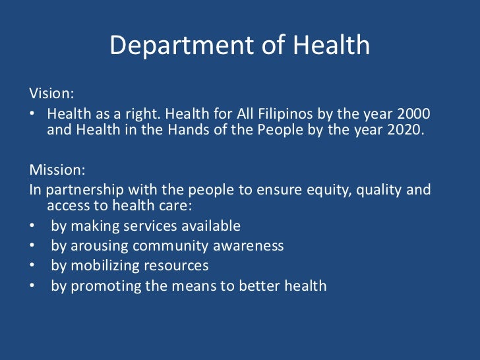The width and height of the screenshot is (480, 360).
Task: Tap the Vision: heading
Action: [49, 94]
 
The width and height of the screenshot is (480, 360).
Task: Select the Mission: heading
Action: [57, 169]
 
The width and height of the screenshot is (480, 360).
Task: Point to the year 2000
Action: [415, 113]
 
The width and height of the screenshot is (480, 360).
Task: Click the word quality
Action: [382, 191]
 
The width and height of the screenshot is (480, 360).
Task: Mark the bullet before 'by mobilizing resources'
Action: [32, 266]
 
